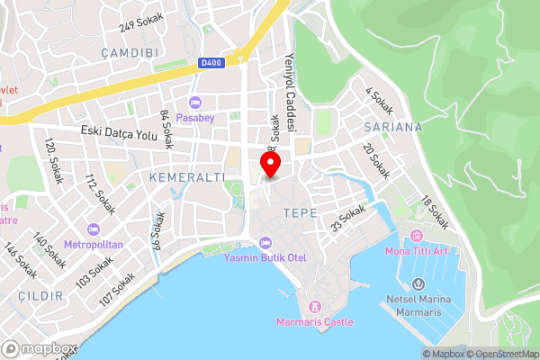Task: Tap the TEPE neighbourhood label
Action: (299, 213)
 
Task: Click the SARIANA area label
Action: (393, 127)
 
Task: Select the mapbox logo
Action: (39, 348)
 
